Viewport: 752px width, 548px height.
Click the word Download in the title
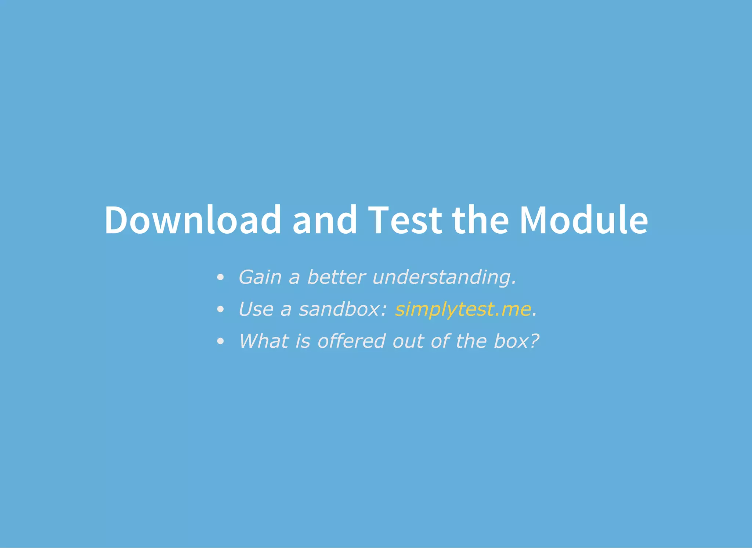click(x=192, y=220)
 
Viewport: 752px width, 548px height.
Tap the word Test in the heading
click(x=405, y=220)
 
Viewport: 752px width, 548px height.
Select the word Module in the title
click(x=584, y=220)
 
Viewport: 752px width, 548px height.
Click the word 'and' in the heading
click(x=324, y=220)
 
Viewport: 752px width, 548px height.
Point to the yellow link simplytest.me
click(x=463, y=309)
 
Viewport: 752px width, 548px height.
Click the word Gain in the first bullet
click(x=260, y=277)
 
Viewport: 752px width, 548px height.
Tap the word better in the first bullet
click(x=336, y=277)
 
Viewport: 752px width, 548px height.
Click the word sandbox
click(x=343, y=309)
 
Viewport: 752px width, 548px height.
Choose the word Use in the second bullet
click(x=256, y=309)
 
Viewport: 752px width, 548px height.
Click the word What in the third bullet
click(x=263, y=341)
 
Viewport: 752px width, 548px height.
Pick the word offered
click(x=351, y=341)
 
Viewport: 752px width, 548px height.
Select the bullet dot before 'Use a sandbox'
click(x=220, y=310)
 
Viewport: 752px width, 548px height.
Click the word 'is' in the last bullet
click(x=303, y=341)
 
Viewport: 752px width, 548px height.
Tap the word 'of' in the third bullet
click(x=440, y=341)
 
